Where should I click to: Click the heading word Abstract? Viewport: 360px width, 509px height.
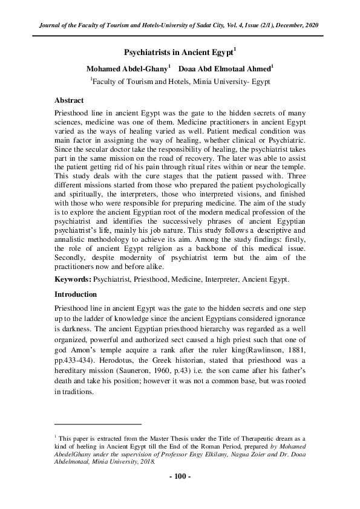coord(69,100)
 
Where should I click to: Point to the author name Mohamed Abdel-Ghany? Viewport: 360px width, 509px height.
coord(119,68)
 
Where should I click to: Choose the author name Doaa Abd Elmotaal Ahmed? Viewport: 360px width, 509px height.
coord(223,68)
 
